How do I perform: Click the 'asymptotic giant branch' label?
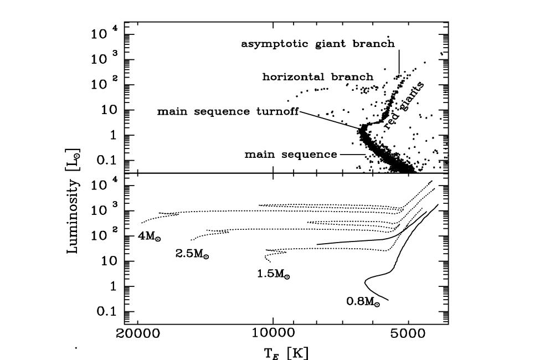click(x=317, y=43)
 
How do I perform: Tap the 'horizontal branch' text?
click(x=317, y=76)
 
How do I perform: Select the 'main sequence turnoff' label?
click(x=228, y=111)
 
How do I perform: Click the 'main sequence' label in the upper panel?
click(x=291, y=155)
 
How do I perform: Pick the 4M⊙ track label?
click(x=149, y=237)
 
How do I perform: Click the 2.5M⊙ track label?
click(x=192, y=255)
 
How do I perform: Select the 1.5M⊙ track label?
click(x=274, y=274)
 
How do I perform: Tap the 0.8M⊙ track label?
click(x=363, y=302)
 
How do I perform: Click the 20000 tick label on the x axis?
click(x=138, y=335)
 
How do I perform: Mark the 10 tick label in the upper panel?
click(x=105, y=110)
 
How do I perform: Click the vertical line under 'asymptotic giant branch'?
click(x=399, y=62)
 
